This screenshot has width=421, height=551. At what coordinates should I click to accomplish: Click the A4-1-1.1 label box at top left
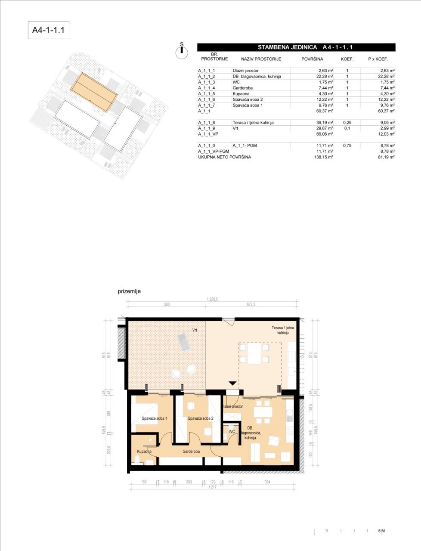click(x=48, y=31)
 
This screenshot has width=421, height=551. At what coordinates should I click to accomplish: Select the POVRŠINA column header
click(x=312, y=59)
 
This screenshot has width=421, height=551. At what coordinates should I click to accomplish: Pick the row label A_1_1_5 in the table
click(x=207, y=93)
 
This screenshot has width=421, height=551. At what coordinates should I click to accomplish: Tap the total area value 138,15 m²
click(x=324, y=158)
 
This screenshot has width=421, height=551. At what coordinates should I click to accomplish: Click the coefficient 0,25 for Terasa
click(x=347, y=123)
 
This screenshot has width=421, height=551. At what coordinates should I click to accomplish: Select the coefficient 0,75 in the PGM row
click(x=347, y=146)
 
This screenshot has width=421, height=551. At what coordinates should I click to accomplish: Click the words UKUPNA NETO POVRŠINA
click(x=224, y=158)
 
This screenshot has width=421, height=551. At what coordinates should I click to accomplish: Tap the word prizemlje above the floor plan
click(x=129, y=291)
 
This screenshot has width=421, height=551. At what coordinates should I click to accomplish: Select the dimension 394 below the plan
click(x=267, y=483)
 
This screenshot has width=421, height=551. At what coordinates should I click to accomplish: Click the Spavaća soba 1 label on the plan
click(x=155, y=418)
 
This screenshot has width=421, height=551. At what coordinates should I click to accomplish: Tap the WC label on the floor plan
click(x=232, y=431)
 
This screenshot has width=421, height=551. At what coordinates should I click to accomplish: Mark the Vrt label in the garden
click(x=195, y=330)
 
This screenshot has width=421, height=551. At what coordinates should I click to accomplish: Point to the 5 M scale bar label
click(x=381, y=531)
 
